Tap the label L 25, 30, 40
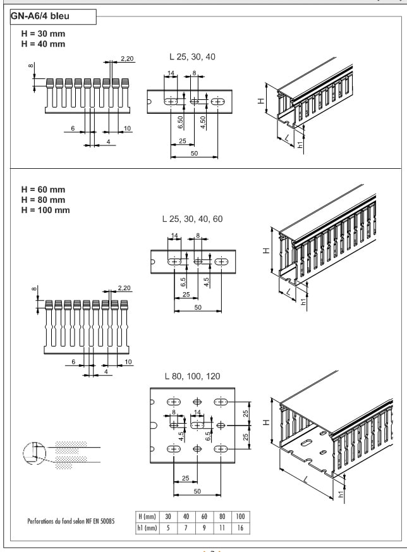[x=189, y=57]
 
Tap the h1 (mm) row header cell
[x=148, y=527]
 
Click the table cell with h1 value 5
[x=169, y=527]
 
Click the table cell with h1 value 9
[x=203, y=527]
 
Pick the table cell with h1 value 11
[x=222, y=527]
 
